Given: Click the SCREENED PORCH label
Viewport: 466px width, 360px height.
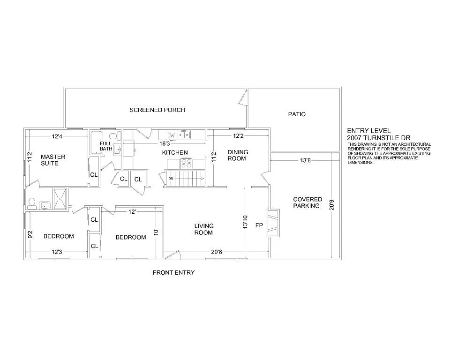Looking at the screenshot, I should point(157,110).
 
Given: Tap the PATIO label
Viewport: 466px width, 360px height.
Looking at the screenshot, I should point(296,114).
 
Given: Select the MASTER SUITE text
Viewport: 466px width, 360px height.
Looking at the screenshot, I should point(53,160).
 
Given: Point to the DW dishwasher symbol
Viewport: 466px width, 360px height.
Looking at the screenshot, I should point(171,135).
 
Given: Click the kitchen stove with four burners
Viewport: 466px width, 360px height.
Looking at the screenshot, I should point(187,163).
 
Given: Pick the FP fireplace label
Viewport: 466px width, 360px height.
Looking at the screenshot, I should point(259,226).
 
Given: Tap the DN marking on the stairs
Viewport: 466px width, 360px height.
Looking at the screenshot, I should point(171,179).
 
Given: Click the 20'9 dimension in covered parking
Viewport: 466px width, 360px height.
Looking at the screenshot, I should point(332,205).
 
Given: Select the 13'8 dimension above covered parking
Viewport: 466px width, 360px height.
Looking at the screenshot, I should point(304,160).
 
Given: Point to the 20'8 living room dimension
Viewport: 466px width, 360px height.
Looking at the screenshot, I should point(216,252).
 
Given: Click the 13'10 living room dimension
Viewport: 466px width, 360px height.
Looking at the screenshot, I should point(245,222).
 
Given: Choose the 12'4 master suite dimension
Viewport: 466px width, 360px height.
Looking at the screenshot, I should point(57,136).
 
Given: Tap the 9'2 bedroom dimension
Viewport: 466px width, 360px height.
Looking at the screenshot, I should point(29,233).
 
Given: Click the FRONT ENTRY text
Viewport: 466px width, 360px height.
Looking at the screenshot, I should point(173,272).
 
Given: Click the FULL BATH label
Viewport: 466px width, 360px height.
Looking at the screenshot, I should point(105,146).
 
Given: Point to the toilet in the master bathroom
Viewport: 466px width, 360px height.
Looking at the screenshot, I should point(32,203).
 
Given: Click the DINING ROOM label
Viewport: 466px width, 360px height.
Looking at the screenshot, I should point(238,155).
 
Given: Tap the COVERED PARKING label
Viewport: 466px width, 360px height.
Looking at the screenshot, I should point(308,202).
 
